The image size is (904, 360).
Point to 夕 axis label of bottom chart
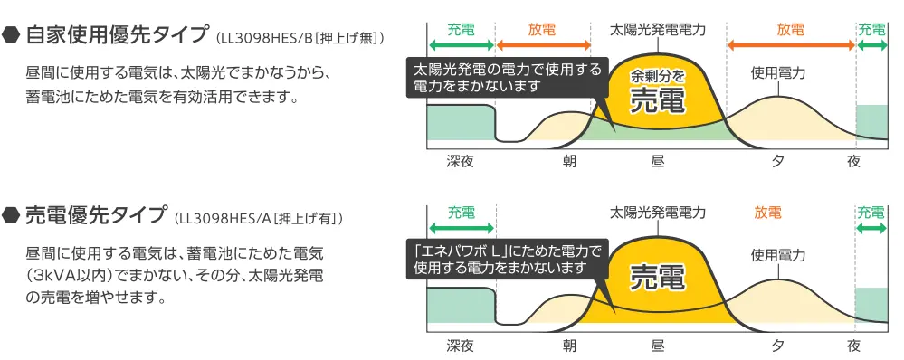tap(777, 346)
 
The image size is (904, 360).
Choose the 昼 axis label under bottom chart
tap(657, 346)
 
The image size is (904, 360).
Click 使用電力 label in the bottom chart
tap(777, 256)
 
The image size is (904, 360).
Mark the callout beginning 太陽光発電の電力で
tap(507, 78)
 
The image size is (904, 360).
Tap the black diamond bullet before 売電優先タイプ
tap(12, 216)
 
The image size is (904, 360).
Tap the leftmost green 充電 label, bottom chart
tap(461, 213)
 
